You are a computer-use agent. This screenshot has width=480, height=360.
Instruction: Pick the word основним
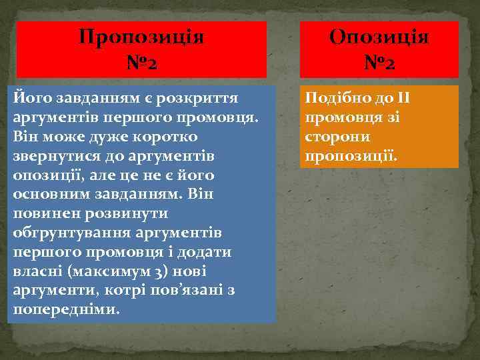(x=48, y=194)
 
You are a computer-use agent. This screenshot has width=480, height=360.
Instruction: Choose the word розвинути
(x=124, y=213)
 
